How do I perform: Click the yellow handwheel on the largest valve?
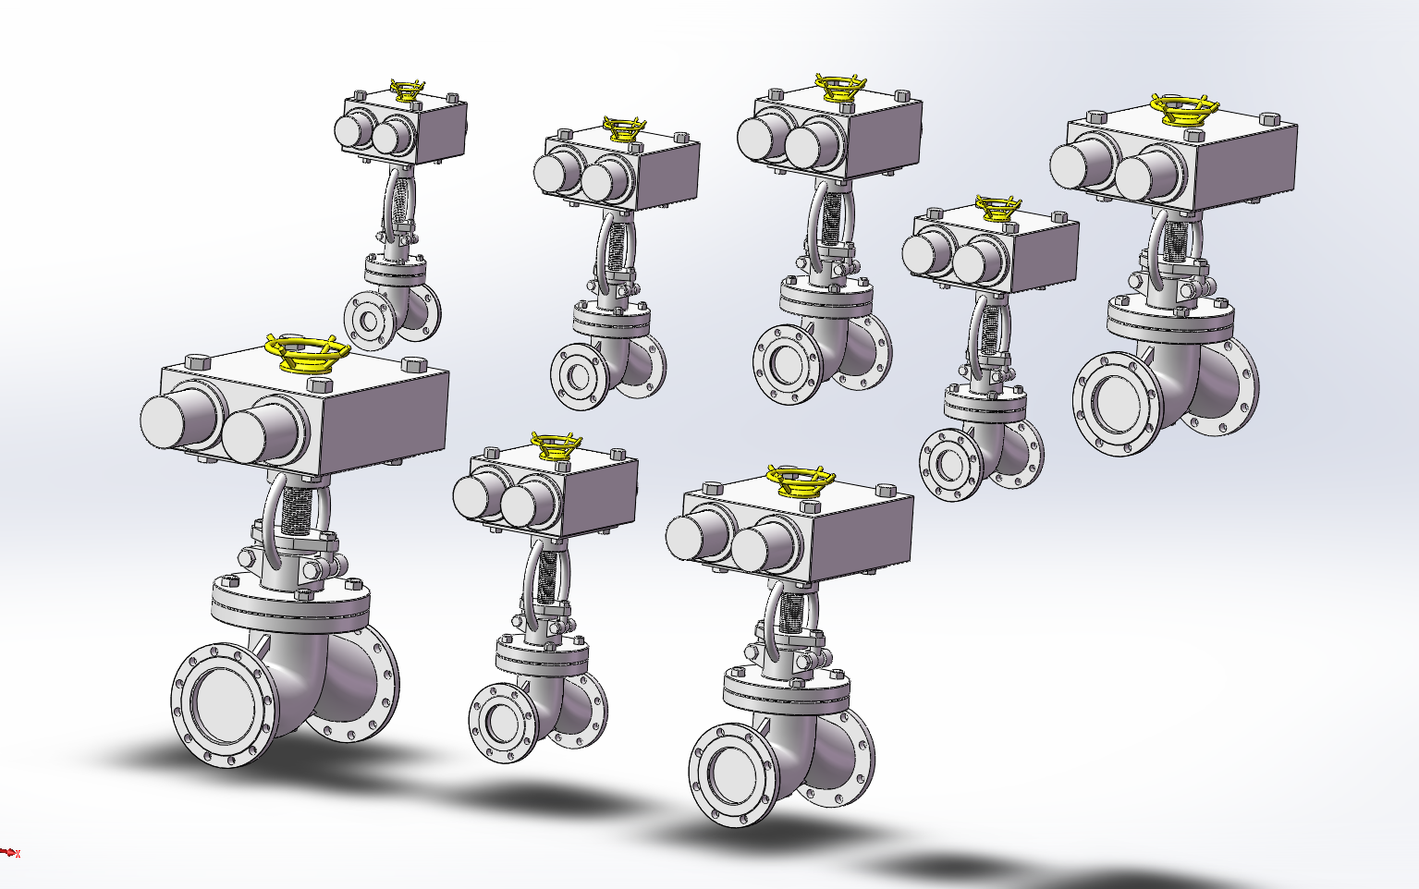point(306,352)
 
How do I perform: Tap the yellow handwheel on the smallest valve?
point(407,91)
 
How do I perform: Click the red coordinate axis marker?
point(9,852)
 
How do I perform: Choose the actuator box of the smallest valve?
point(434,129)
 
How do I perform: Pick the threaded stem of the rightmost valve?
point(1175,239)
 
